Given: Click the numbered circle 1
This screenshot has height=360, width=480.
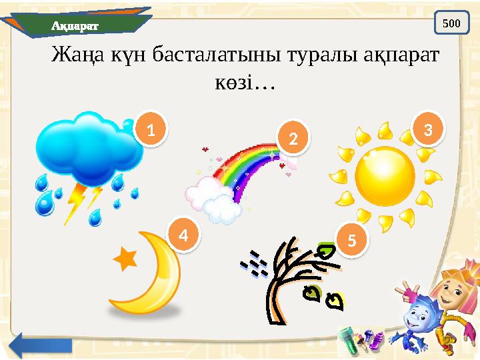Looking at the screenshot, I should [x=151, y=130].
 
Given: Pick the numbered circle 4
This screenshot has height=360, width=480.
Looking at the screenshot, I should [x=189, y=234].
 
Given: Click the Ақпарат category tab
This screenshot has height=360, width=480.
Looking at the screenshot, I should [x=75, y=25].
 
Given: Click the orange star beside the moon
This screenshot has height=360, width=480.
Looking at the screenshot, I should [x=126, y=259].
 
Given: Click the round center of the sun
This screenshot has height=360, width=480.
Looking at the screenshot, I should [x=385, y=176].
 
